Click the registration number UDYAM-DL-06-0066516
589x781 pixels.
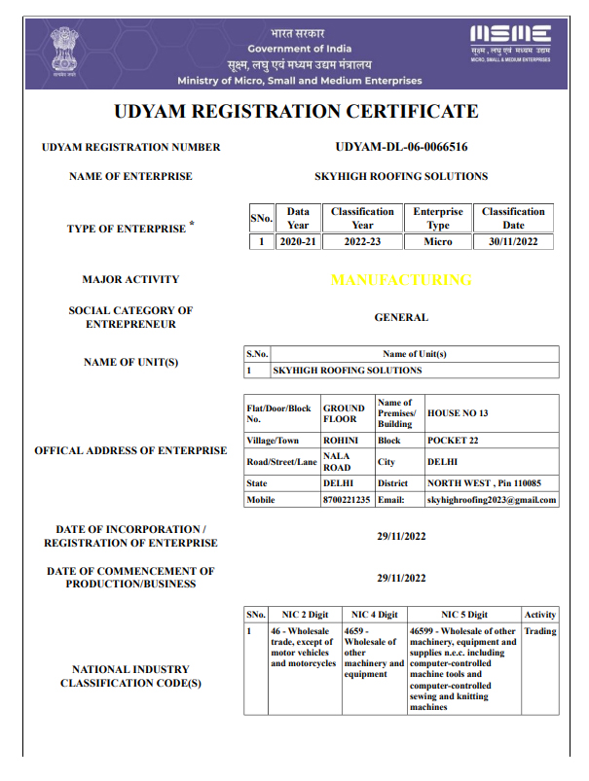point(401,148)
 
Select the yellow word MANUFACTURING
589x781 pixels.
point(401,280)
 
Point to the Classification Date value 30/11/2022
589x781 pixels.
point(513,242)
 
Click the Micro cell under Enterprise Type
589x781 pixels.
point(438,242)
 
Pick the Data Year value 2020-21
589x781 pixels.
point(298,242)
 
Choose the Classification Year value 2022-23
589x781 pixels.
point(362,242)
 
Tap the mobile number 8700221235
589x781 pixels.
point(347,500)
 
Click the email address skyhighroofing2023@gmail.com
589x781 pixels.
point(492,500)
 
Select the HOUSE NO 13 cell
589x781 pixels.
point(458,413)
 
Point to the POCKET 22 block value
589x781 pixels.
point(453,440)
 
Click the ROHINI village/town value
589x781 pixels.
point(340,440)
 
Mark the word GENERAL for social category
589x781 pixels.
point(401,317)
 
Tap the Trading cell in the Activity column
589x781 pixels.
point(540,631)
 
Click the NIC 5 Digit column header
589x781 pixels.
point(464,615)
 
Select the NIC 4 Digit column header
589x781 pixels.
point(374,615)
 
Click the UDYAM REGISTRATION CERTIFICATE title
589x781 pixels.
point(295,111)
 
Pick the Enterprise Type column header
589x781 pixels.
point(438,218)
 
